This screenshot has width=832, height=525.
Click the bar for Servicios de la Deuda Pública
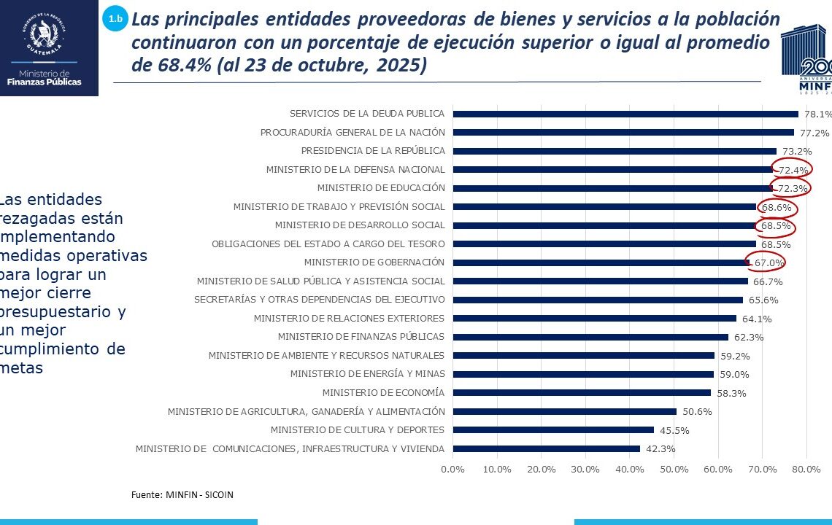[625, 114]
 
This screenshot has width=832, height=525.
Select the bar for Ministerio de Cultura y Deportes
[553, 430]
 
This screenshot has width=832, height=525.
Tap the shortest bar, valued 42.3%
[547, 448]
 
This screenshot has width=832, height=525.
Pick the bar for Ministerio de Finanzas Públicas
[590, 337]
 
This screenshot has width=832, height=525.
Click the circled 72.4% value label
[793, 170]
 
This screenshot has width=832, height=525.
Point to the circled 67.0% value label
[769, 262]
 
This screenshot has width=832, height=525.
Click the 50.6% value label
[697, 411]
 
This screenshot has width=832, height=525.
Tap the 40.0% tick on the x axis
[630, 469]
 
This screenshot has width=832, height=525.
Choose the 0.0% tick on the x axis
[453, 469]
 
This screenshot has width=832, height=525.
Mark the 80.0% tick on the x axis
[806, 469]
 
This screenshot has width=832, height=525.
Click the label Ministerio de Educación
[381, 188]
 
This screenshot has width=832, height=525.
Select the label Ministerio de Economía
[383, 393]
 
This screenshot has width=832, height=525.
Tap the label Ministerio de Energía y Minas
[367, 374]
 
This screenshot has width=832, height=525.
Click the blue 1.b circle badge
[115, 19]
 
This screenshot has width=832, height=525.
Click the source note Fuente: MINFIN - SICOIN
[182, 494]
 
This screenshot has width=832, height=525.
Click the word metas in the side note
[22, 368]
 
